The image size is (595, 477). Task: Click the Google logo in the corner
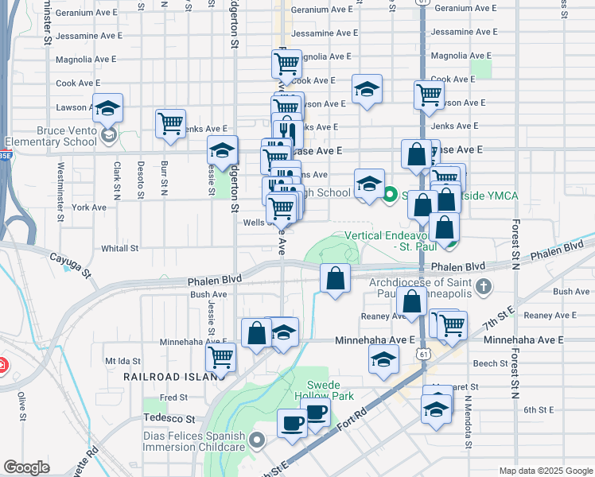coord(26,467)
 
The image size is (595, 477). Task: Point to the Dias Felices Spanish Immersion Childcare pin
coord(257,440)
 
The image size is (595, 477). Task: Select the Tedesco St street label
coord(169,417)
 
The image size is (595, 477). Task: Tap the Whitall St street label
coord(120,248)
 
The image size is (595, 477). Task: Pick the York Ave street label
coord(88,207)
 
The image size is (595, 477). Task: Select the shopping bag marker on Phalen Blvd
coord(336,278)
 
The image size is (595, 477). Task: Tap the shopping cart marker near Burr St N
coord(170,123)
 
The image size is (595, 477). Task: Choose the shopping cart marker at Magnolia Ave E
coord(286,62)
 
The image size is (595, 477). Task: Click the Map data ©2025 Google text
coord(545,470)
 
